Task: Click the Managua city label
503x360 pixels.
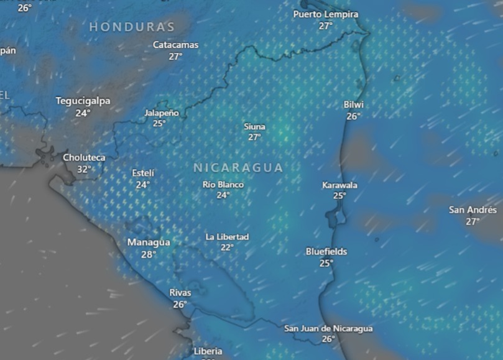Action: click(149, 242)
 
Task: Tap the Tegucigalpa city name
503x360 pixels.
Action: click(83, 101)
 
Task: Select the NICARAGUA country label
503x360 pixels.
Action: click(238, 168)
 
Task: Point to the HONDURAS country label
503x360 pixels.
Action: click(132, 27)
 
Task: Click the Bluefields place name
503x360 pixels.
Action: click(326, 252)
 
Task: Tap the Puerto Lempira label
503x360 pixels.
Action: click(326, 14)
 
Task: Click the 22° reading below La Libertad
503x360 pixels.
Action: click(227, 247)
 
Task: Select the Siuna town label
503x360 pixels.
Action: click(254, 127)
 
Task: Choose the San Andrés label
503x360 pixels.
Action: click(473, 210)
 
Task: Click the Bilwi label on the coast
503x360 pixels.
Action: click(354, 104)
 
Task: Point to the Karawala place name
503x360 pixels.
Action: click(339, 185)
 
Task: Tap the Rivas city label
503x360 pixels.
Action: click(180, 292)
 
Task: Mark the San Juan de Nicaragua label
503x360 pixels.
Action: click(328, 328)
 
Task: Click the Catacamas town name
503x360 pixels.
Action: click(176, 45)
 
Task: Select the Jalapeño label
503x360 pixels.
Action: click(161, 113)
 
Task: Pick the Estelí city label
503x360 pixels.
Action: click(143, 173)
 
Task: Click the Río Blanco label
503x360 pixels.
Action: click(223, 185)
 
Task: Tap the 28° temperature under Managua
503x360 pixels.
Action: click(149, 254)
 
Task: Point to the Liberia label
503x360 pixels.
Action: click(208, 351)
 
